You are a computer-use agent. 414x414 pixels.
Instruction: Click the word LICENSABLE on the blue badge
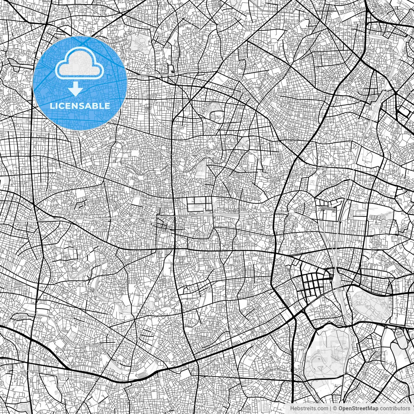click(80, 106)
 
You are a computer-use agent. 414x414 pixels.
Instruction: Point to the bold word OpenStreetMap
click(358, 409)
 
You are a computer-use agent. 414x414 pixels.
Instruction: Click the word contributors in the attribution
click(395, 409)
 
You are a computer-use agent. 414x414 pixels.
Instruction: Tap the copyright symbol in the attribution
click(335, 409)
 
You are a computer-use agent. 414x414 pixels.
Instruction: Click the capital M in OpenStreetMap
click(371, 409)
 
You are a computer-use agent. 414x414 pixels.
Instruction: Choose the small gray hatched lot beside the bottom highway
click(142, 375)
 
